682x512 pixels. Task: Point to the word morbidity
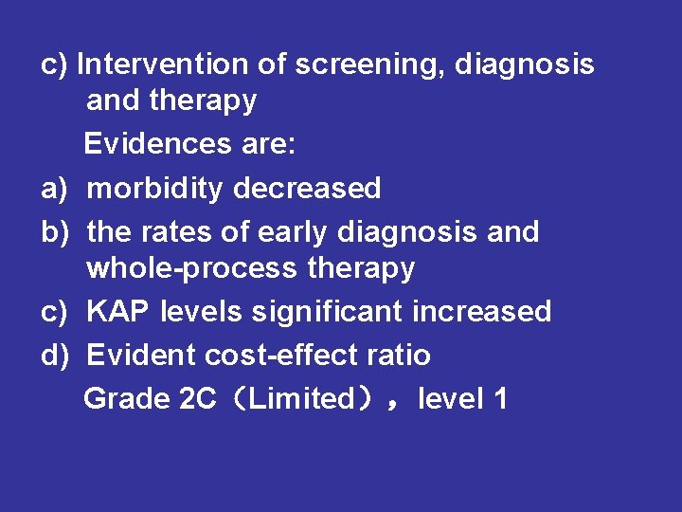(x=155, y=188)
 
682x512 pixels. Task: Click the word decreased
(x=307, y=188)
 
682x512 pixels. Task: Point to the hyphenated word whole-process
(x=192, y=268)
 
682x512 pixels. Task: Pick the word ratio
(x=397, y=356)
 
